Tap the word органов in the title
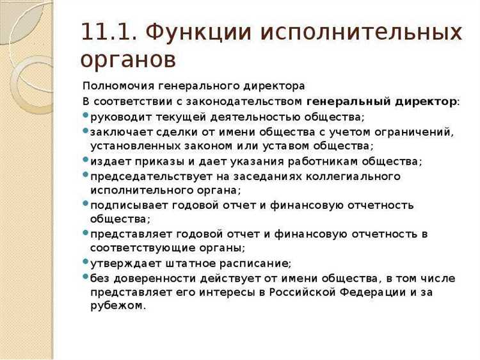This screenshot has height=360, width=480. [128, 59]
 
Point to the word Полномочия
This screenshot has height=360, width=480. [115, 86]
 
